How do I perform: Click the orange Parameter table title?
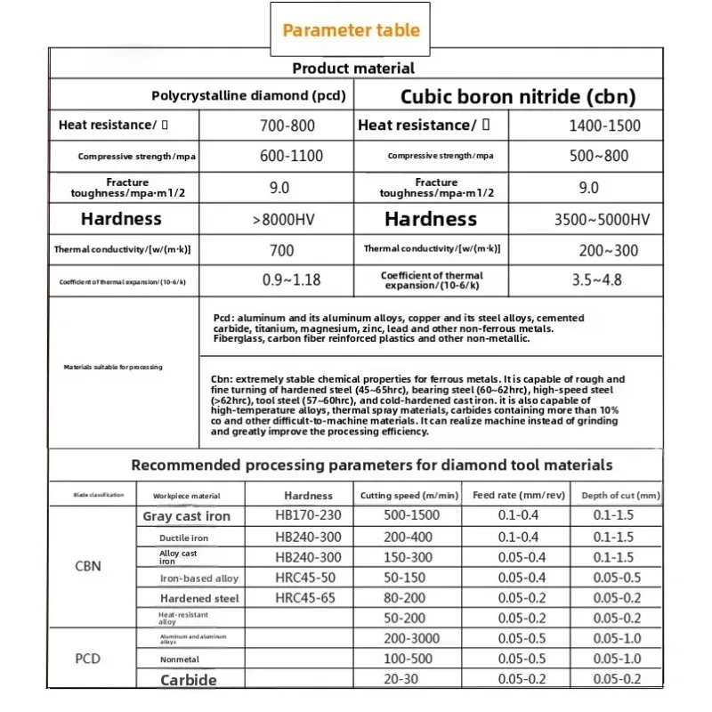[x=351, y=30]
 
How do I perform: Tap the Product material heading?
[x=353, y=68]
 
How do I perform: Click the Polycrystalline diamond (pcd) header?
[x=248, y=96]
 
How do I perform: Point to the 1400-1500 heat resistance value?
[x=604, y=126]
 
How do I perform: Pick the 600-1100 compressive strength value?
[x=292, y=156]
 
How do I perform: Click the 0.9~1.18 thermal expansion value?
[x=293, y=280]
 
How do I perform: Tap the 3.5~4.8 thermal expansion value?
[x=596, y=280]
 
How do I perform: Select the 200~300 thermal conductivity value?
[x=605, y=250]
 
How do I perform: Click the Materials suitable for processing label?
[x=113, y=367]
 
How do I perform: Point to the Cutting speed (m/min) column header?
[x=409, y=495]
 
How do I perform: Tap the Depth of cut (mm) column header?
[x=621, y=495]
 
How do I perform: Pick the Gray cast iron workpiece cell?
[x=186, y=516]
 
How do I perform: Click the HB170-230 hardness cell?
[x=308, y=516]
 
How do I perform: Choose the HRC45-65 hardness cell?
[x=305, y=598]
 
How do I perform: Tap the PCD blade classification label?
[x=88, y=659]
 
